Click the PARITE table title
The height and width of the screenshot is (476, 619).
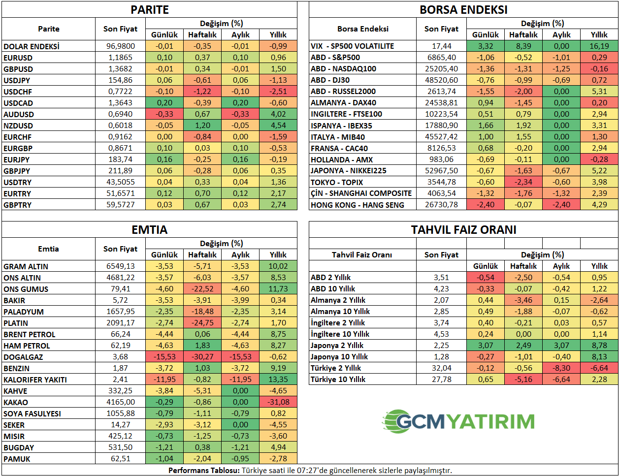[x=149, y=10]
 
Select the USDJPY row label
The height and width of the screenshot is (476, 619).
[x=17, y=80]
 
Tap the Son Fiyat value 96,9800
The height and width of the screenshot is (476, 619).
[x=121, y=46]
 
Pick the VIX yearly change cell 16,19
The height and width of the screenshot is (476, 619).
[x=599, y=46]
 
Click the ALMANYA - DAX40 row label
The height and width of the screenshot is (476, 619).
[x=343, y=103]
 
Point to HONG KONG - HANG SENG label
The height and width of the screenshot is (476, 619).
[x=357, y=205]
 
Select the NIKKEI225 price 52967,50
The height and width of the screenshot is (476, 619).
[x=441, y=171]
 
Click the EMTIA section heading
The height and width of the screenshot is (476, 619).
[x=149, y=230]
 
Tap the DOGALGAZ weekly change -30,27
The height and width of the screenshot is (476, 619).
[x=202, y=357]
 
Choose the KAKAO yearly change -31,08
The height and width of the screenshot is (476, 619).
[x=278, y=402]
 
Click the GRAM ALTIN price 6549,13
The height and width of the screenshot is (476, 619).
[x=121, y=266]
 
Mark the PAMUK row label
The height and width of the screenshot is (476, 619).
[x=17, y=459]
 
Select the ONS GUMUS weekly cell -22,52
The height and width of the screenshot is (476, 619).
[x=202, y=289]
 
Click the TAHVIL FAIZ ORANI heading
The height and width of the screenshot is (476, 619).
[x=463, y=230]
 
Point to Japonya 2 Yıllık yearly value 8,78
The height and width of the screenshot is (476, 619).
[x=599, y=346]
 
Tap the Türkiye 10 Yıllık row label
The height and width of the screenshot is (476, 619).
[x=338, y=380]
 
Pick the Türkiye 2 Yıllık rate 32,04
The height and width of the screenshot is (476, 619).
[x=441, y=368]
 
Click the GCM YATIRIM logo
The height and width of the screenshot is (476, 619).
[x=458, y=421]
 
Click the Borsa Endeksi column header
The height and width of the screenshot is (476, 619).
[x=362, y=29]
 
